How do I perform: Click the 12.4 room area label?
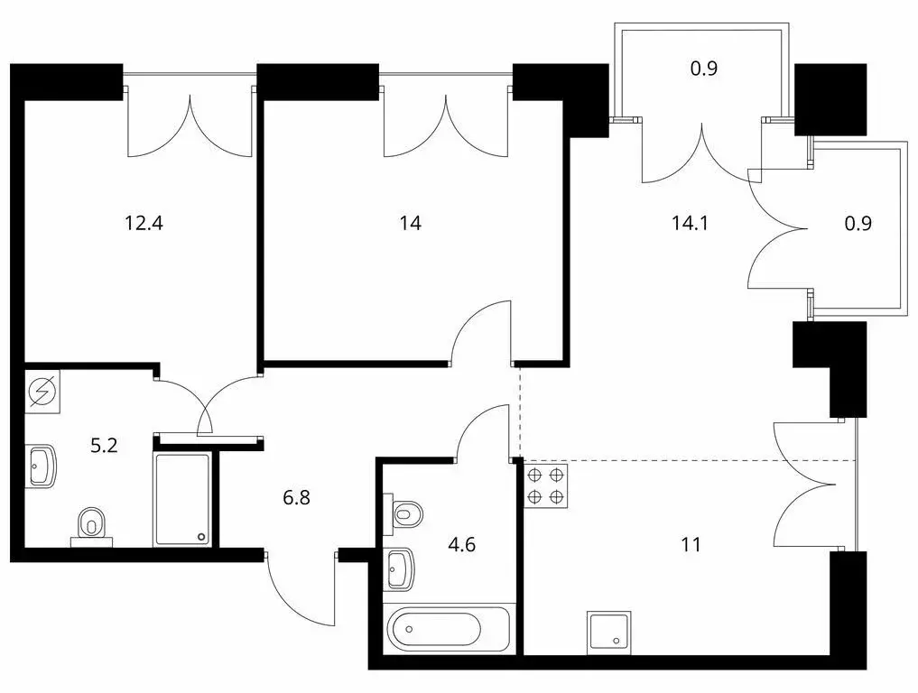pyautogui.click(x=144, y=223)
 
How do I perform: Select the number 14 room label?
pyautogui.click(x=410, y=223)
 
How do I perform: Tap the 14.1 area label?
pyautogui.click(x=690, y=223)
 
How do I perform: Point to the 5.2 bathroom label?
pyautogui.click(x=104, y=446)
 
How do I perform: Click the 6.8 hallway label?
pyautogui.click(x=296, y=498)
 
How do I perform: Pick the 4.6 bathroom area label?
pyautogui.click(x=461, y=545)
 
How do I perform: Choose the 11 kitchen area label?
pyautogui.click(x=691, y=545)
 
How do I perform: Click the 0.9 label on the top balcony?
pyautogui.click(x=704, y=69)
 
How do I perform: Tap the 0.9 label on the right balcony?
pyautogui.click(x=858, y=223)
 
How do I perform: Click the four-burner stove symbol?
pyautogui.click(x=545, y=485)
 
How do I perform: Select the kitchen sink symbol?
pyautogui.click(x=609, y=633)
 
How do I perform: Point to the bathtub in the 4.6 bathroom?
pyautogui.click(x=449, y=629)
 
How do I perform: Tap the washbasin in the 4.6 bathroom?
pyautogui.click(x=399, y=568)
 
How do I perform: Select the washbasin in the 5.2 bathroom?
pyautogui.click(x=41, y=467)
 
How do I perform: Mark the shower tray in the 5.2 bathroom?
pyautogui.click(x=182, y=499)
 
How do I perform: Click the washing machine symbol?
pyautogui.click(x=42, y=391)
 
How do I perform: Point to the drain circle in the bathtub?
pyautogui.click(x=409, y=629)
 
